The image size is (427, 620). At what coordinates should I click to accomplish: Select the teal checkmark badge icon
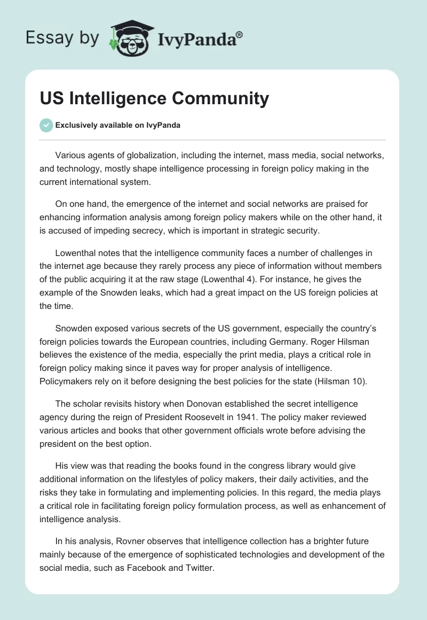(x=46, y=125)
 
